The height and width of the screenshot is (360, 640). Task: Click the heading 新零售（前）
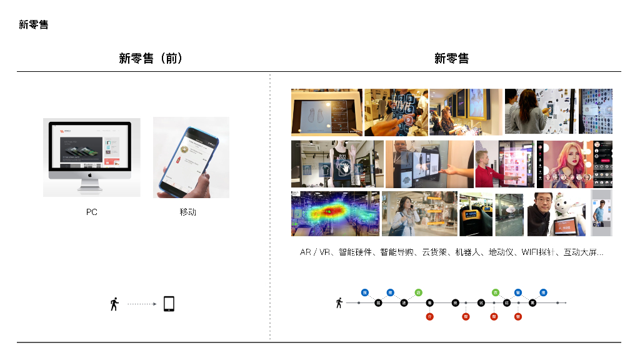(x=151, y=59)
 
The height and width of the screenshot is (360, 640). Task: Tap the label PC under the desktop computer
(x=91, y=212)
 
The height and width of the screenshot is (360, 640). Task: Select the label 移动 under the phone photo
(x=187, y=212)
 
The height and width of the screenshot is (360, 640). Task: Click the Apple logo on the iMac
(x=91, y=177)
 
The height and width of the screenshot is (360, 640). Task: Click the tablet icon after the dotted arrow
(x=168, y=304)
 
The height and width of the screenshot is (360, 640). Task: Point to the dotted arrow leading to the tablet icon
(x=141, y=304)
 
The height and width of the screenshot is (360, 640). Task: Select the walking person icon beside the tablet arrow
(x=114, y=304)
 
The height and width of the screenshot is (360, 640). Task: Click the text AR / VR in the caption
(x=315, y=252)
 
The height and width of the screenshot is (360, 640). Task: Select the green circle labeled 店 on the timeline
(x=418, y=292)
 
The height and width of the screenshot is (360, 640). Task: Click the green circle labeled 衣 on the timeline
(x=495, y=292)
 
